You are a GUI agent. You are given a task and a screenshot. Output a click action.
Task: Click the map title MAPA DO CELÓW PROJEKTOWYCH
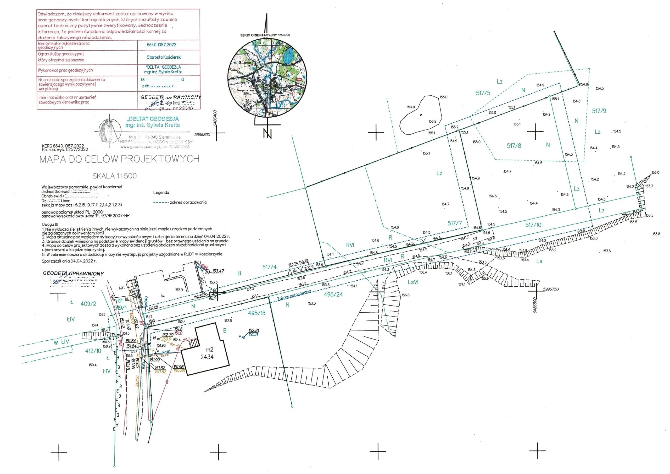[x=119, y=159]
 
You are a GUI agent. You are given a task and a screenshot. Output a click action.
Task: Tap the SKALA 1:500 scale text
[x=115, y=176]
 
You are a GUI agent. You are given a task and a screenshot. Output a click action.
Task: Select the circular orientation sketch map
[x=267, y=78]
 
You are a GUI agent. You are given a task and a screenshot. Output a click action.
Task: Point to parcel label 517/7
[x=455, y=223]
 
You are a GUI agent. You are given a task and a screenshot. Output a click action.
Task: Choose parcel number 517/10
[x=533, y=225]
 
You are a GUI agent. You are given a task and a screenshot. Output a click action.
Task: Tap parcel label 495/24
[x=333, y=295]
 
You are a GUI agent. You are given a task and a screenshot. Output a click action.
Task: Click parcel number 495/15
[x=257, y=313]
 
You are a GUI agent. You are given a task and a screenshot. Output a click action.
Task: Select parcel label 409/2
[x=88, y=304]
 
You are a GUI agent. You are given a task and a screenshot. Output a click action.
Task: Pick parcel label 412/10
[x=93, y=351]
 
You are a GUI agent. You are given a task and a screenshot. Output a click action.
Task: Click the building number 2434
[x=207, y=357]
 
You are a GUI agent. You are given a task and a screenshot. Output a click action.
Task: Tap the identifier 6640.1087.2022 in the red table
[x=161, y=45]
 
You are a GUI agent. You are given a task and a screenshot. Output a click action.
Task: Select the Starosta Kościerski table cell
[x=164, y=57]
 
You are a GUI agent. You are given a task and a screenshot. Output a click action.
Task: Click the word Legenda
[x=161, y=193]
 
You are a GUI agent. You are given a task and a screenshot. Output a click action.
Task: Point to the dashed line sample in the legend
[x=161, y=202]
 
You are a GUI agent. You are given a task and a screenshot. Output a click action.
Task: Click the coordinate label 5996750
[x=551, y=289]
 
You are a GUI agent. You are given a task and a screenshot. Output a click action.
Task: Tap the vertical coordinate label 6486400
[x=215, y=118]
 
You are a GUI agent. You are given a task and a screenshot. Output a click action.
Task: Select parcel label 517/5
[x=483, y=93]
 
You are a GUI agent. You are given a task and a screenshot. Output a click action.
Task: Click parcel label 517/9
[x=599, y=111]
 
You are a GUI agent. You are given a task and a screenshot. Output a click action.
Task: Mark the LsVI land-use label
[x=413, y=282]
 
